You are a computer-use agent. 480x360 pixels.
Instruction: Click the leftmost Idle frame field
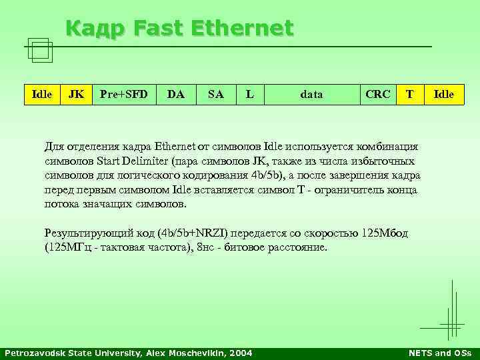pos(42,94)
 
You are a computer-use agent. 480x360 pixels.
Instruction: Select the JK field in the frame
pos(77,94)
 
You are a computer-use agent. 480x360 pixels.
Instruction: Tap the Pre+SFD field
pos(123,94)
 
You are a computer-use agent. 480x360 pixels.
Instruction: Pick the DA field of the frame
pos(176,94)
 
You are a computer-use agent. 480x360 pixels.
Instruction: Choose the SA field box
pos(215,94)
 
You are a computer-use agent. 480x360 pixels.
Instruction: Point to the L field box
pos(249,94)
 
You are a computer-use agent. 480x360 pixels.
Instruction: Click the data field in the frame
pos(311,94)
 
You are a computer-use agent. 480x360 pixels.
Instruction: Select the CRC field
pos(378,94)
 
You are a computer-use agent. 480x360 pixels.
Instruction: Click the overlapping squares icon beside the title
pos(41,49)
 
